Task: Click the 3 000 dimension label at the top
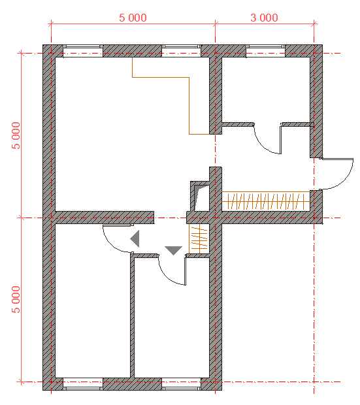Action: coord(264,18)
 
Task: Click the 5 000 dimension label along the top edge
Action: coord(133,18)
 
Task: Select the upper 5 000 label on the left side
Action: coord(16,136)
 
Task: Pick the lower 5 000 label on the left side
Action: coord(16,299)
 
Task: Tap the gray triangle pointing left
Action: coord(136,238)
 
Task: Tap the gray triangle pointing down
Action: coord(173,250)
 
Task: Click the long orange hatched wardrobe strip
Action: coord(266,201)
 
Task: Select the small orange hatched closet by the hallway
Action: coord(199,238)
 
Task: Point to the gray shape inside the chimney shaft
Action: coord(199,197)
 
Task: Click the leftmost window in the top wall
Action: coord(83,51)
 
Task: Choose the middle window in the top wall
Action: coord(181,51)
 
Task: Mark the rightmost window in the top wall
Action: coord(265,51)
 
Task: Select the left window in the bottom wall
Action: coord(83,384)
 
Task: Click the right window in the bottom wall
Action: coord(181,384)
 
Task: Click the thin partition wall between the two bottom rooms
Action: coord(133,316)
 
